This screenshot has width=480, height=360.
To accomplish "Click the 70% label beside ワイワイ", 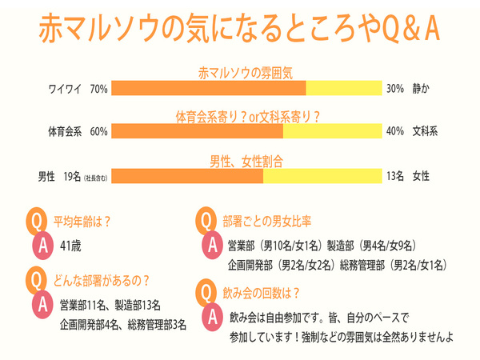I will (99, 88).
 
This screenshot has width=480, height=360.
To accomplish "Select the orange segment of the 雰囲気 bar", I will (209, 88).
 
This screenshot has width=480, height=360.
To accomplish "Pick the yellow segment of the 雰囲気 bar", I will (345, 88).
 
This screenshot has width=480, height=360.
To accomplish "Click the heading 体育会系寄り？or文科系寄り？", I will (248, 117).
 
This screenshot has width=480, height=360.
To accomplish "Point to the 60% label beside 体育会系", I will (99, 132).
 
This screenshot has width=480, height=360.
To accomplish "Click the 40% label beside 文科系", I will (394, 132).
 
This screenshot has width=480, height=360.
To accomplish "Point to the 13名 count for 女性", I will (394, 176).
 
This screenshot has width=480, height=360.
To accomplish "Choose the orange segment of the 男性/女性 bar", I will (187, 176).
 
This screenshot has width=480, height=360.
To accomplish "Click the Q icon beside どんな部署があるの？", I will (36, 280).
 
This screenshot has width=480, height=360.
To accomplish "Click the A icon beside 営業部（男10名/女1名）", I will (212, 245).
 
